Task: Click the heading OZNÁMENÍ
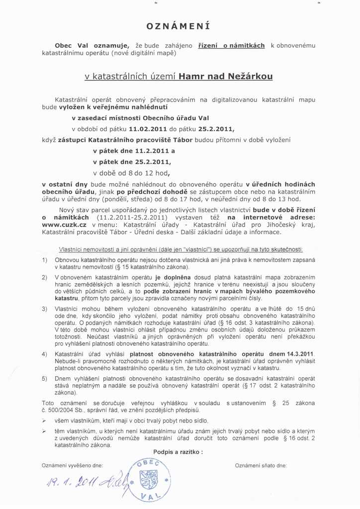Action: point(179,26)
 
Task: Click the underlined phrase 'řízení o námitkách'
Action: point(231,45)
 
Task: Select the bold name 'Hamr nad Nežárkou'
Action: point(225,77)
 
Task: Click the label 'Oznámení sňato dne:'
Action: point(261,466)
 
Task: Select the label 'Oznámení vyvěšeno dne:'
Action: point(73,466)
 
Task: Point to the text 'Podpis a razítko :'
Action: point(178,452)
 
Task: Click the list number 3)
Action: point(45,309)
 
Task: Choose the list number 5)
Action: point(45,379)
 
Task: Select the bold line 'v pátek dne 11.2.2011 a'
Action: point(134,151)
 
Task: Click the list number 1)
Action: point(45,260)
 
